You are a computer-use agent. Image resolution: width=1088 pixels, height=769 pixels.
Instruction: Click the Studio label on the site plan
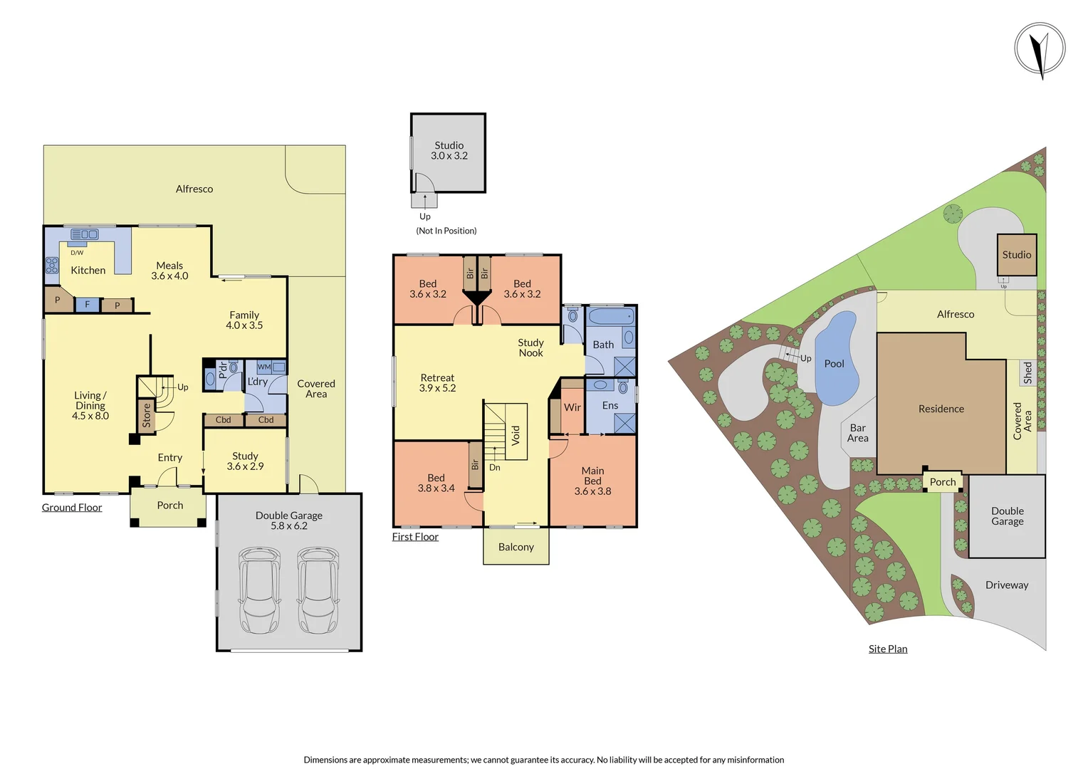1016,255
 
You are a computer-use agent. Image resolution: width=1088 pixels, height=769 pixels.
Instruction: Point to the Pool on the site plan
835,360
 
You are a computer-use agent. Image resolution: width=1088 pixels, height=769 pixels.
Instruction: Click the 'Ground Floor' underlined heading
72,508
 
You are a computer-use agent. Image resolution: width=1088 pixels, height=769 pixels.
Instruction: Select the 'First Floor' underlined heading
415,537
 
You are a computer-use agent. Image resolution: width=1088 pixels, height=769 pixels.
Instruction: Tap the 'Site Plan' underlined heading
888,649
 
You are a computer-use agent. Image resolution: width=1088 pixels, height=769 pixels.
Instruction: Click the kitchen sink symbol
85,234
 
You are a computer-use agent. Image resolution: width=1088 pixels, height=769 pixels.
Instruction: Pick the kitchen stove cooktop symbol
52,266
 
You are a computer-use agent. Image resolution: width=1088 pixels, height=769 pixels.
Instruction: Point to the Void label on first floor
516,434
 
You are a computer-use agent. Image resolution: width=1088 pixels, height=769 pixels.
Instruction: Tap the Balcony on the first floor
516,547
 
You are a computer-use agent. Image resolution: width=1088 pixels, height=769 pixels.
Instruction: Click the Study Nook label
530,347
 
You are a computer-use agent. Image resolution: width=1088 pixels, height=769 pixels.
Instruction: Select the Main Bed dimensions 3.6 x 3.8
592,491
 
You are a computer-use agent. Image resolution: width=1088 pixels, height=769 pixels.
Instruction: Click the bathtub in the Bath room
610,317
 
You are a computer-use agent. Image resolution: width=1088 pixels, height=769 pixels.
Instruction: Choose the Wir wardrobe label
572,407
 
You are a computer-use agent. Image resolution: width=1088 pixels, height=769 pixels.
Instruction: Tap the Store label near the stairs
147,415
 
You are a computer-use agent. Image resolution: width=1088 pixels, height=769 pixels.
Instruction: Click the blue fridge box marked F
88,305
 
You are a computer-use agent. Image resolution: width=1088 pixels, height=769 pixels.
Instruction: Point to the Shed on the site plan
1027,372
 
